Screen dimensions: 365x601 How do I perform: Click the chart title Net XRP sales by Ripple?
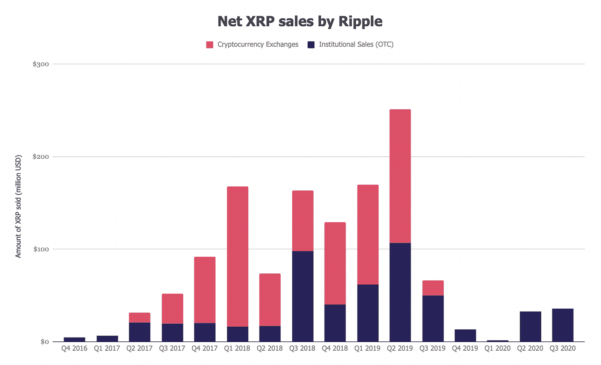[300, 21]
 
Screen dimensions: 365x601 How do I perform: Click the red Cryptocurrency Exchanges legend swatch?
[210, 45]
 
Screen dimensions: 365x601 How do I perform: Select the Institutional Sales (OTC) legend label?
[356, 44]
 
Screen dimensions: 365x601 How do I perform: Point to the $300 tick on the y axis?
[41, 64]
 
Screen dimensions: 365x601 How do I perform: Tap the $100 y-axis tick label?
[41, 249]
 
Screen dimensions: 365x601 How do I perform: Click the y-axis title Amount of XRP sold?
[18, 206]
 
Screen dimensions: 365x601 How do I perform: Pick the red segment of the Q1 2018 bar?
[237, 256]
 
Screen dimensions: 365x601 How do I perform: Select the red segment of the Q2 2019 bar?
[400, 176]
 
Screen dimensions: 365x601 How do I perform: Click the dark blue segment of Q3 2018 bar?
[303, 296]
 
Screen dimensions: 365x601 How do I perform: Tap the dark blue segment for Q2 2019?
[400, 292]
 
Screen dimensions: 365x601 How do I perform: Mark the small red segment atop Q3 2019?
[433, 288]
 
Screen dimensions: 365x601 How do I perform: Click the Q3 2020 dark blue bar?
[563, 325]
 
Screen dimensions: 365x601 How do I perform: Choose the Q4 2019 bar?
[465, 335]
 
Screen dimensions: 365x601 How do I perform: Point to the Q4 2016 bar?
[74, 339]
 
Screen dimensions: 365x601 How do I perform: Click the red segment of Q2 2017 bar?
[139, 318]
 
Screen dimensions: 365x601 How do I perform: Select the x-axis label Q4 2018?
[335, 348]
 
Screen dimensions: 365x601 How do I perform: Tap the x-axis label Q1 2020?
[497, 348]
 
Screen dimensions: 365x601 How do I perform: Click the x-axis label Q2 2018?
[270, 348]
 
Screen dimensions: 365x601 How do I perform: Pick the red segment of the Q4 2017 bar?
[205, 290]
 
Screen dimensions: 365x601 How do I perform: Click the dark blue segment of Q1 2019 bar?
[368, 313]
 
